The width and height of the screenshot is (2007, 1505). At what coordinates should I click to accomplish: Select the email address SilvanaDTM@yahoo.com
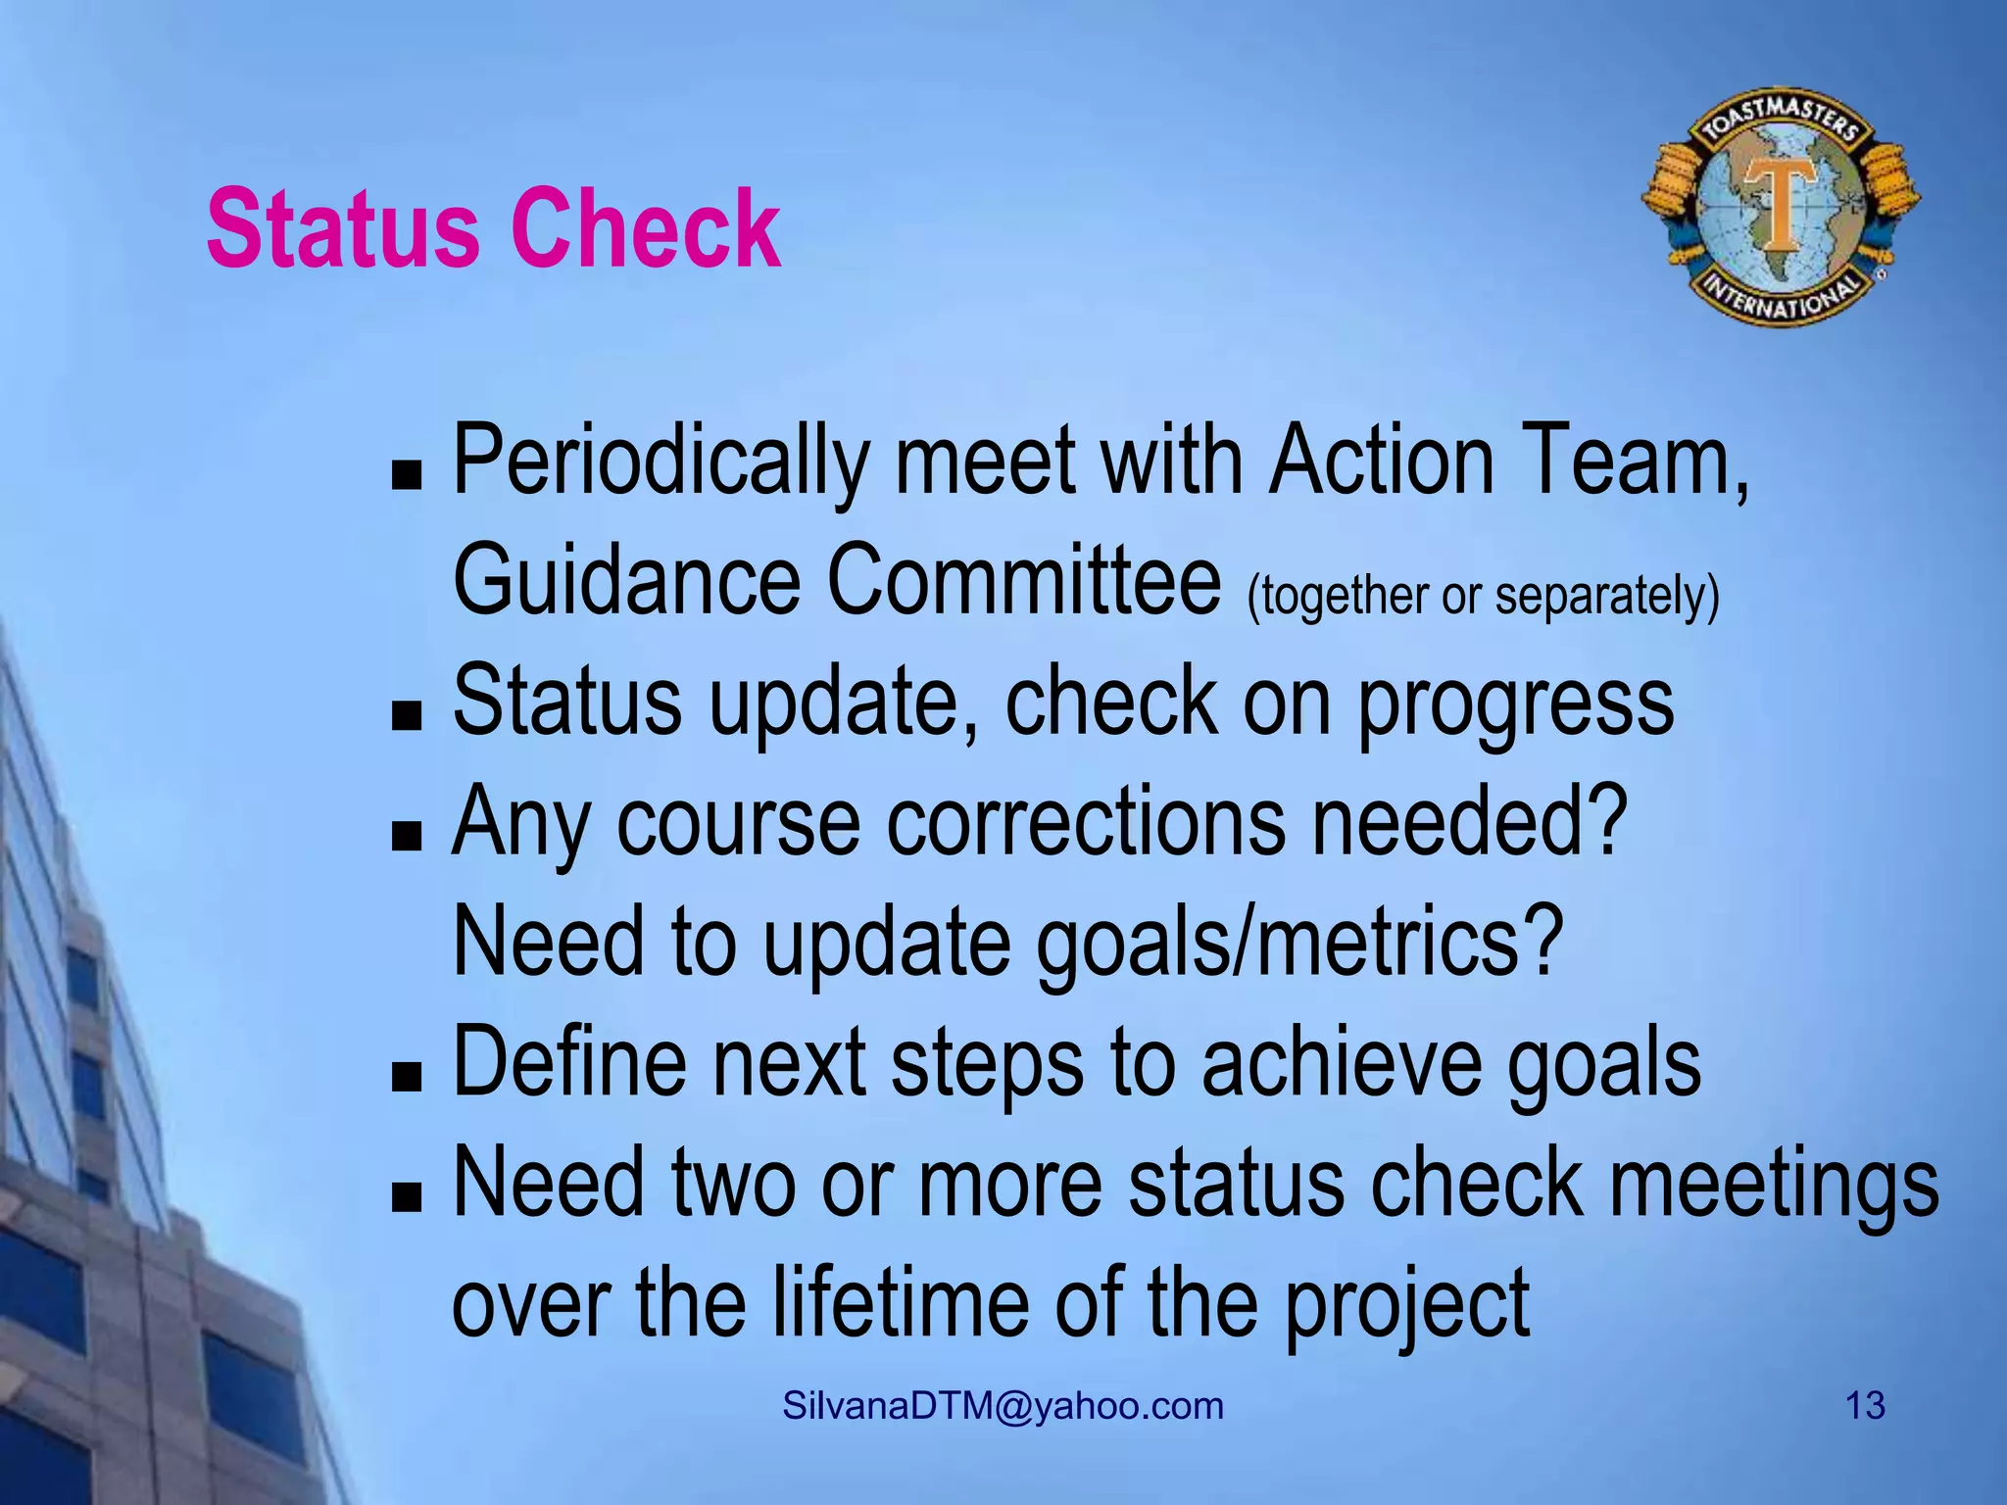(x=1003, y=1406)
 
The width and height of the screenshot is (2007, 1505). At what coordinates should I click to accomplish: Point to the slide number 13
(x=1865, y=1406)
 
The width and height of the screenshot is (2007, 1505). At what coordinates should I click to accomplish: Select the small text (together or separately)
(x=1483, y=596)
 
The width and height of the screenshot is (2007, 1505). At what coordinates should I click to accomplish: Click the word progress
(x=1515, y=705)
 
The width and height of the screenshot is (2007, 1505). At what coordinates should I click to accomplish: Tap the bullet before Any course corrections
(x=406, y=835)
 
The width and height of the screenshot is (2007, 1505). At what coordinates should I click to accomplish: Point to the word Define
(x=569, y=1062)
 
